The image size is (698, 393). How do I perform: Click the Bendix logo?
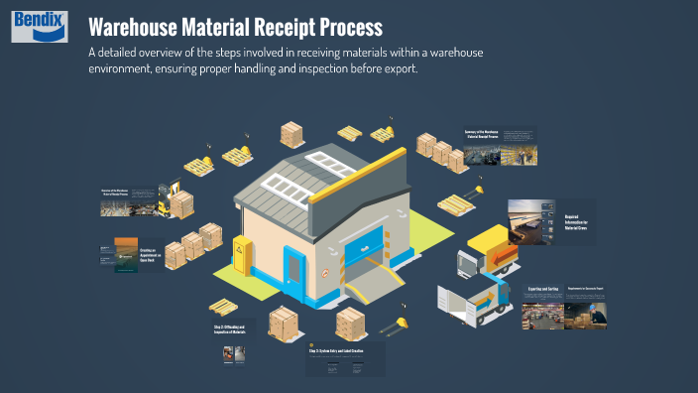39,27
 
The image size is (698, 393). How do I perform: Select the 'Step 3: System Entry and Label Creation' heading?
341,351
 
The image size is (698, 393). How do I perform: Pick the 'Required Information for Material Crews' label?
578,220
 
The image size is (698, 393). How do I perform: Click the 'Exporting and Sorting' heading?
540,291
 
